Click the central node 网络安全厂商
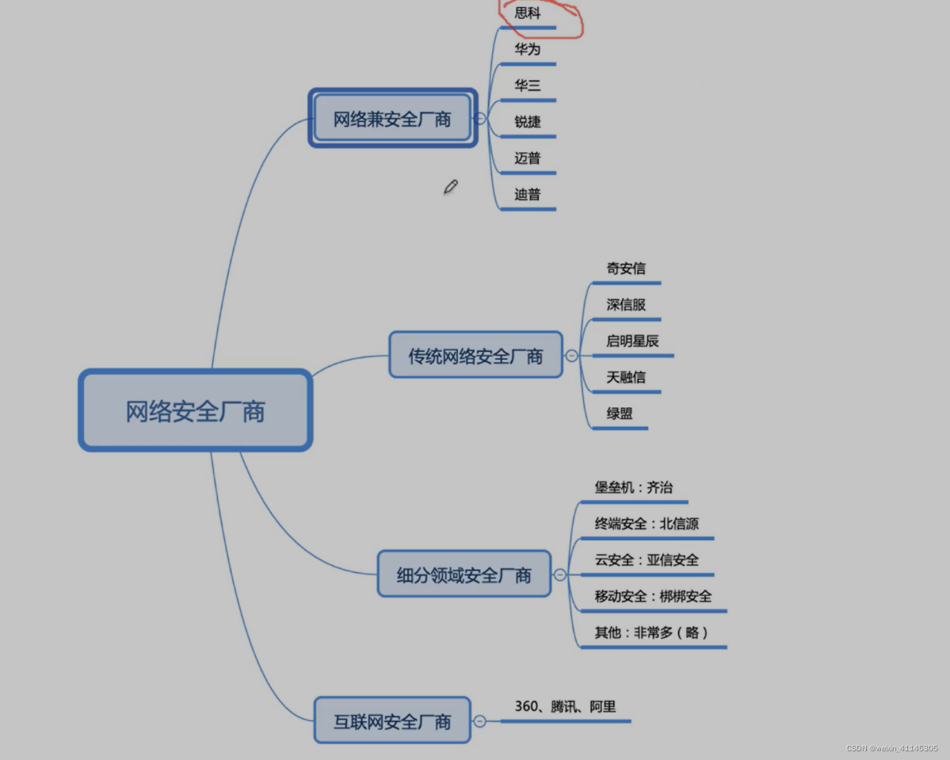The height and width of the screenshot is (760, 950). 195,411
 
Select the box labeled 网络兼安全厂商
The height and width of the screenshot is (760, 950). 392,119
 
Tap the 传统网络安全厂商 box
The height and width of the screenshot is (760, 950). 475,356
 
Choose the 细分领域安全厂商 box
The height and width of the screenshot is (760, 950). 464,575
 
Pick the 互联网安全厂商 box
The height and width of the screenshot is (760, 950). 392,721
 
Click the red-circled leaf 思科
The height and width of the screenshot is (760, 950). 528,13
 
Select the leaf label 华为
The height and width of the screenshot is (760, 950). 528,49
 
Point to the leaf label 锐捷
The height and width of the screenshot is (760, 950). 528,121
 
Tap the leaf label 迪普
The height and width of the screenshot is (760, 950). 528,194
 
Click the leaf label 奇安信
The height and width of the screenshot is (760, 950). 626,269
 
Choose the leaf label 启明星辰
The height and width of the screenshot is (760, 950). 632,341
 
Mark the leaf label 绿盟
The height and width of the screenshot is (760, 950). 620,414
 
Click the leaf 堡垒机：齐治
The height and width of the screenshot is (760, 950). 634,487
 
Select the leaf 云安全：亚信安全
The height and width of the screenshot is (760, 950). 647,560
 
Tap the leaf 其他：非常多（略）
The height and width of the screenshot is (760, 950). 651,632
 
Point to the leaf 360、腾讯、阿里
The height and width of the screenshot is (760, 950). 565,706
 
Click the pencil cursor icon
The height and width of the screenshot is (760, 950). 451,187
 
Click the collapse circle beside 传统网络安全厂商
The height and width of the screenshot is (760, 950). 572,356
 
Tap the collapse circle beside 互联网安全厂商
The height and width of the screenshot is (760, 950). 479,721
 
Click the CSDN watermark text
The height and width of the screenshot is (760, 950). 891,748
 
